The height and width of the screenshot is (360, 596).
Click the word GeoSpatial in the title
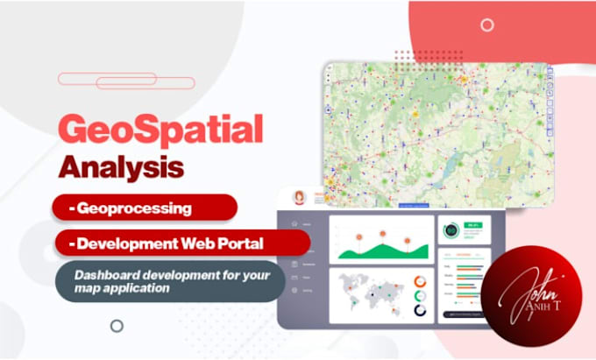pos(160,130)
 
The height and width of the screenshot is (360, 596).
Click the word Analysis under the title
pos(122,165)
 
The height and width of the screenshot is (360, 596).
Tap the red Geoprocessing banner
pos(144,208)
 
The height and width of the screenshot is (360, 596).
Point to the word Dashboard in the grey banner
pos(110,274)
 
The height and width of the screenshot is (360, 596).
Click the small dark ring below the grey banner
pos(116,326)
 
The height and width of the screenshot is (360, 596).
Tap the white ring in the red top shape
pos(486,25)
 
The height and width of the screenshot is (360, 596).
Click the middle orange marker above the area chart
pos(382,234)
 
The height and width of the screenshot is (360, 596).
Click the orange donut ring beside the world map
pos(420,282)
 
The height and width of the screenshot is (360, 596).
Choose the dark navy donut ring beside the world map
pos(420,309)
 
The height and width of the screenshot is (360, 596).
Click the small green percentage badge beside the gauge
pos(473,225)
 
